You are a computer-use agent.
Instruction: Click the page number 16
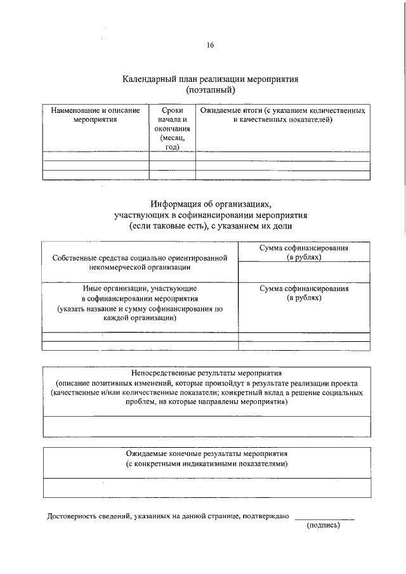[210, 45]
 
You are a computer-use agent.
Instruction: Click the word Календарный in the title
[148, 80]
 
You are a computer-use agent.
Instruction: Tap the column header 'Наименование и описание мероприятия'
[95, 115]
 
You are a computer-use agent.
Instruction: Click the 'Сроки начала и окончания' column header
[172, 128]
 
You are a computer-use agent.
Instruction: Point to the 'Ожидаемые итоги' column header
[282, 115]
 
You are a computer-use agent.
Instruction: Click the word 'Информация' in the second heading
[176, 204]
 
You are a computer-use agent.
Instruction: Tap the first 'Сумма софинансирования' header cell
[304, 253]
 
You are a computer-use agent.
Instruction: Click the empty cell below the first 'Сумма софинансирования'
[304, 273]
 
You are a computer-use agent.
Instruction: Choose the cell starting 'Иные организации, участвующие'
[140, 303]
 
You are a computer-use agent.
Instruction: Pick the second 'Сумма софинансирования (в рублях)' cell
[304, 293]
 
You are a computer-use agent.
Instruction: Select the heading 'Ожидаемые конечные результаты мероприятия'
[207, 454]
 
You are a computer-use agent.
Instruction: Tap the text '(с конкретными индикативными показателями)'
[207, 464]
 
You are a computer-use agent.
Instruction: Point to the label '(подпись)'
[324, 526]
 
